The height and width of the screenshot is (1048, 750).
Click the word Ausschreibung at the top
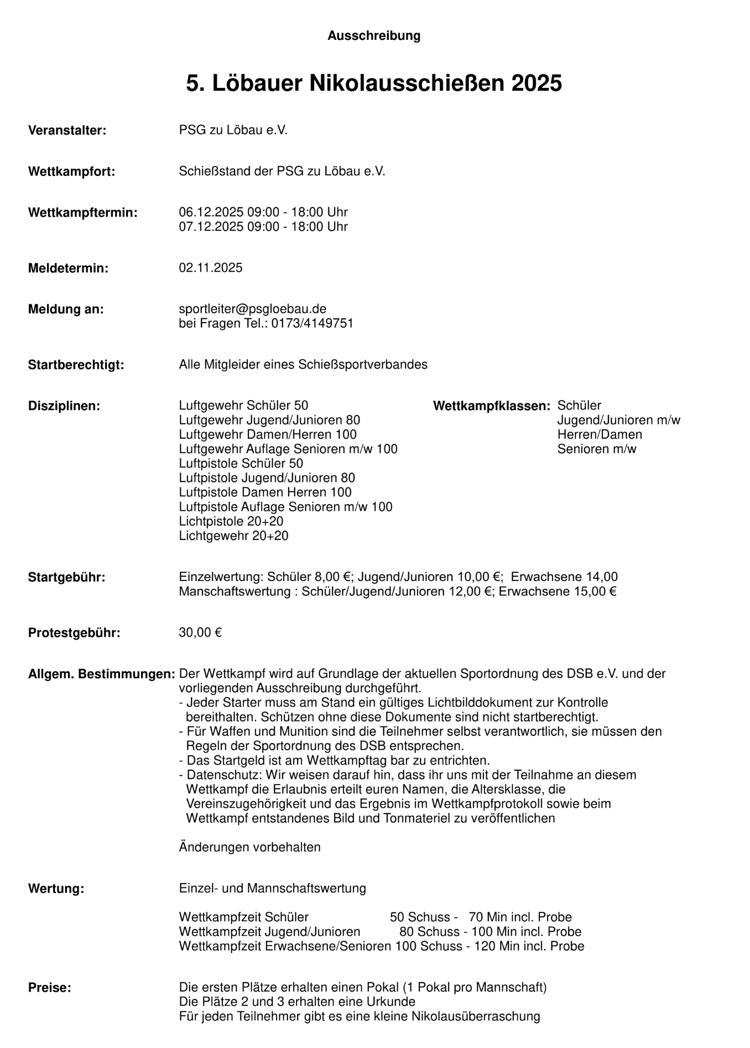(374, 36)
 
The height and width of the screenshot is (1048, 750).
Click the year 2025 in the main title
(537, 84)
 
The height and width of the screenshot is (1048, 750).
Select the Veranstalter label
(67, 131)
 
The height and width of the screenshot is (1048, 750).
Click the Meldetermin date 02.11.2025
(211, 268)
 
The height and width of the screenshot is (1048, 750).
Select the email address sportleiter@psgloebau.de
(253, 309)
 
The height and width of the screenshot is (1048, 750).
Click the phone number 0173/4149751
(312, 324)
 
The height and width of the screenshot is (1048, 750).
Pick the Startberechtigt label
(76, 365)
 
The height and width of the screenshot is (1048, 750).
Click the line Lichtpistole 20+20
(231, 521)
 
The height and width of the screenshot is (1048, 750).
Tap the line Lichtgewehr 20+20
(233, 536)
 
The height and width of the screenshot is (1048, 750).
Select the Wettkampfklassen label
(492, 406)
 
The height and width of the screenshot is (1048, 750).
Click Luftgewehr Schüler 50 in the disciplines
(243, 406)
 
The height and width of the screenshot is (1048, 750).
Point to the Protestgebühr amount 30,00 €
(200, 632)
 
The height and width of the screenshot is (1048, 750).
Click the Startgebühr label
(66, 578)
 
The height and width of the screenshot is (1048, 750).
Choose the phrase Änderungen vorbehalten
(249, 847)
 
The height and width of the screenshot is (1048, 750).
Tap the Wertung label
(56, 889)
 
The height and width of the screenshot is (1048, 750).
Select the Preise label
(50, 988)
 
